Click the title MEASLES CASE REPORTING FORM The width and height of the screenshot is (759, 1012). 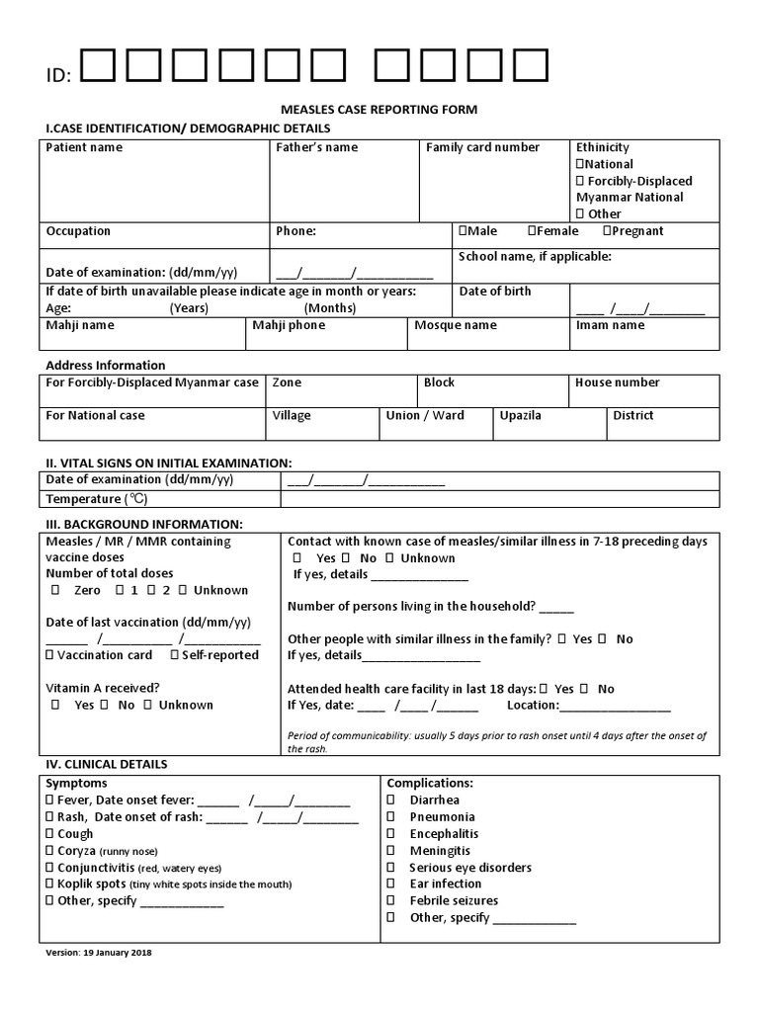(x=379, y=110)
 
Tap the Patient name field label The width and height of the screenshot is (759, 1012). (x=85, y=148)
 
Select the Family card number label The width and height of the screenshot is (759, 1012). (x=482, y=148)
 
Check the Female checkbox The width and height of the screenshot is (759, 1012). (x=532, y=231)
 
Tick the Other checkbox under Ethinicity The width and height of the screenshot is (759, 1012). (x=580, y=214)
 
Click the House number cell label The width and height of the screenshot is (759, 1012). (x=617, y=382)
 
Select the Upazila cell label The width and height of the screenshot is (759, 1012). (x=520, y=416)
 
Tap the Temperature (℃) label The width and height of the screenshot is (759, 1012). (x=96, y=500)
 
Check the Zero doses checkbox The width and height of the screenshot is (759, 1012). (x=55, y=591)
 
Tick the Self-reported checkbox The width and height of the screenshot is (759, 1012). (x=175, y=655)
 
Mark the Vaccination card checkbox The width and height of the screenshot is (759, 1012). (x=50, y=655)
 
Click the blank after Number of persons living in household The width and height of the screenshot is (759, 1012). (x=556, y=608)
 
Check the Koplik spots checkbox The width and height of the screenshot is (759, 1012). (x=50, y=885)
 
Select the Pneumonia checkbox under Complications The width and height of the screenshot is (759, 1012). (x=391, y=817)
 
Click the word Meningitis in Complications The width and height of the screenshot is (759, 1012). (x=440, y=851)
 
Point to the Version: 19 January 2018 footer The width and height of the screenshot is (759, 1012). (x=99, y=953)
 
